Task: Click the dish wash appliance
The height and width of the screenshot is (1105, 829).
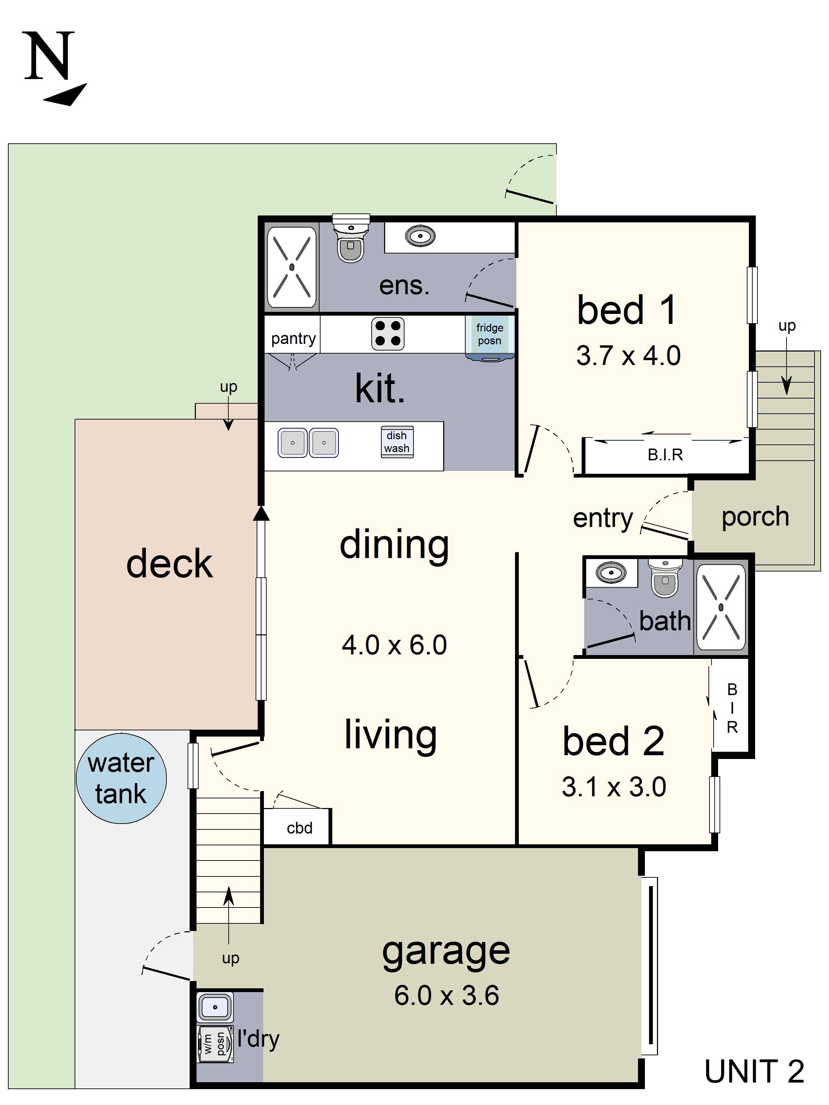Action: click(x=397, y=442)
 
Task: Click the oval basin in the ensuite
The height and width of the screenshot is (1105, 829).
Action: click(x=420, y=236)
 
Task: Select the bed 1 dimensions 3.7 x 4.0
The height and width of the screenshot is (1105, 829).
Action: click(x=628, y=356)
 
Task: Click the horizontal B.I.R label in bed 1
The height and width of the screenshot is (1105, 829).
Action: click(x=665, y=454)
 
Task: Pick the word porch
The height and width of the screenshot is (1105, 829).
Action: click(x=755, y=517)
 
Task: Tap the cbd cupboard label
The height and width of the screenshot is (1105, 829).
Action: click(x=299, y=828)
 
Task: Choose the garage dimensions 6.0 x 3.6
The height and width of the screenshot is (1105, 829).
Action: click(x=446, y=995)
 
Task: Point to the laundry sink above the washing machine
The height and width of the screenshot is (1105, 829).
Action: click(x=215, y=1007)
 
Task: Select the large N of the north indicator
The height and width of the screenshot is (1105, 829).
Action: click(x=49, y=56)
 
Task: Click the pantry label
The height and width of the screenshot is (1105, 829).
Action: click(x=293, y=339)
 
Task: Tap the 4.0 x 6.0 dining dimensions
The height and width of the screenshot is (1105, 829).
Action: click(x=394, y=645)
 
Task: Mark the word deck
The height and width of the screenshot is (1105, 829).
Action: click(x=169, y=564)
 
